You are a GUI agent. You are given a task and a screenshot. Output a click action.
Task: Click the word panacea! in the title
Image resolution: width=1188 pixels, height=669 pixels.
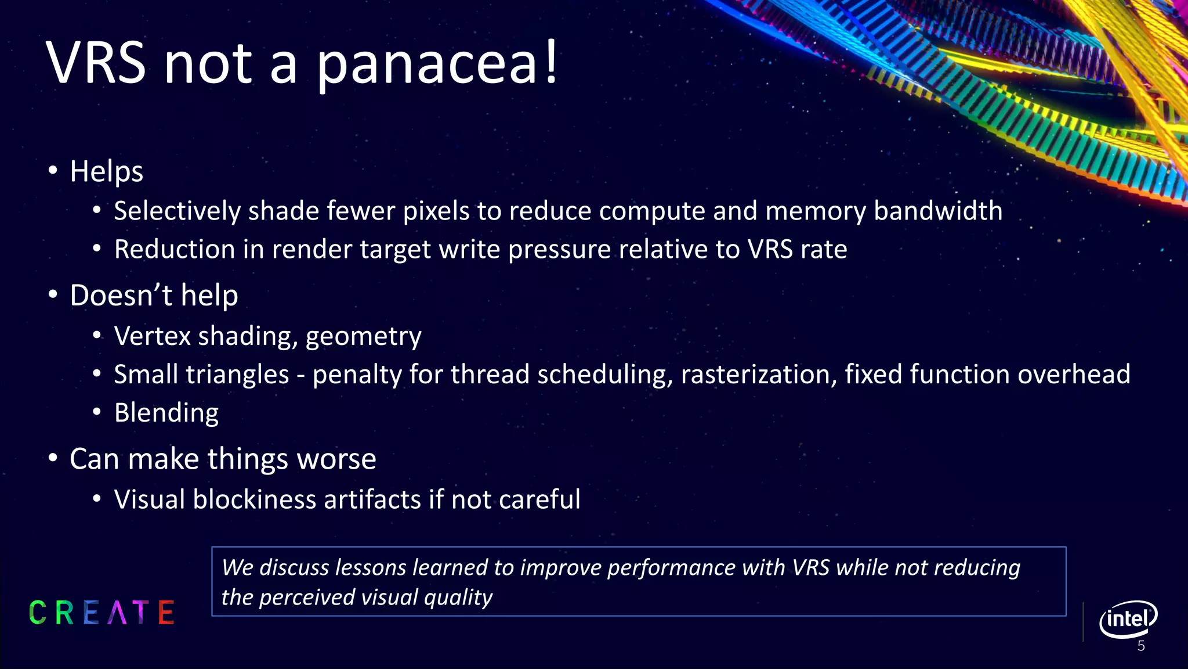(436, 63)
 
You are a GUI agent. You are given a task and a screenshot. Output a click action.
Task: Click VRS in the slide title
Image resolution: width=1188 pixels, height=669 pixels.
(96, 63)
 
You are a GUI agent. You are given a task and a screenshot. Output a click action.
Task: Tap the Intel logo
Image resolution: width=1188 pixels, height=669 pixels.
(1128, 619)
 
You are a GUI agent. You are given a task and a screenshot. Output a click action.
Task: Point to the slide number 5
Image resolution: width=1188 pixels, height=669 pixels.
(1141, 646)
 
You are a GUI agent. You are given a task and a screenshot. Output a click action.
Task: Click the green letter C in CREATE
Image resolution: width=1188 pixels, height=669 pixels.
(38, 613)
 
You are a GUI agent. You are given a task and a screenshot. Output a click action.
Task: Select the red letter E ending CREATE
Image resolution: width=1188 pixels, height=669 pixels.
(166, 613)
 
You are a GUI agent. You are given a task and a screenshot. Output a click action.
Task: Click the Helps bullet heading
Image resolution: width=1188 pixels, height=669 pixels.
(106, 172)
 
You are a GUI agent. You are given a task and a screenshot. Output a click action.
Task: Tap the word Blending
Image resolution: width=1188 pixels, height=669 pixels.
(166, 413)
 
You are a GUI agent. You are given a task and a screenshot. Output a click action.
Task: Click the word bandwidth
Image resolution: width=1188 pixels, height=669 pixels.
(938, 211)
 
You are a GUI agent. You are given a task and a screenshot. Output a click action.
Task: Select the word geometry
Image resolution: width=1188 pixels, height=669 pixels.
(363, 337)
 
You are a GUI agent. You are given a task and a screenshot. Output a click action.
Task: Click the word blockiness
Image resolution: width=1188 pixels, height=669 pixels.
(254, 499)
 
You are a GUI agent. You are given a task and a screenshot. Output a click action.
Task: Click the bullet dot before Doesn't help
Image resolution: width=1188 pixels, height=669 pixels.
(53, 295)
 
